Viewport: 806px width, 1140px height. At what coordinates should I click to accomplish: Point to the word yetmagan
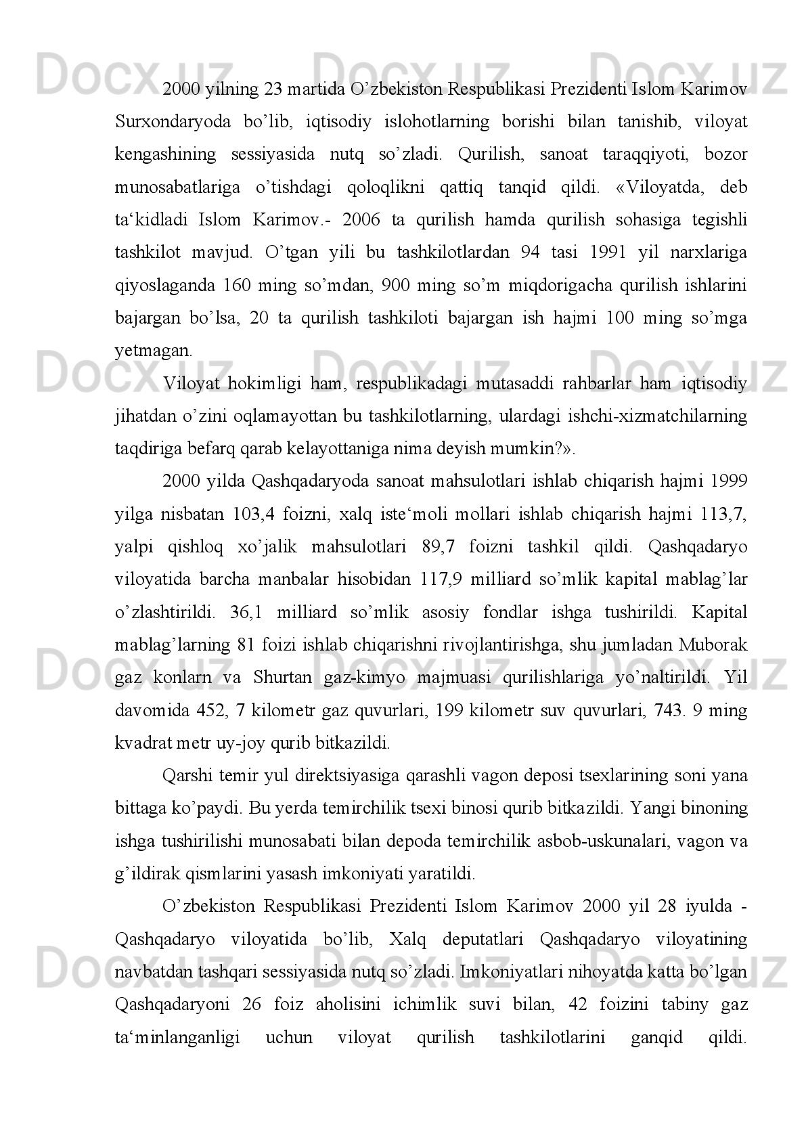tap(153, 351)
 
